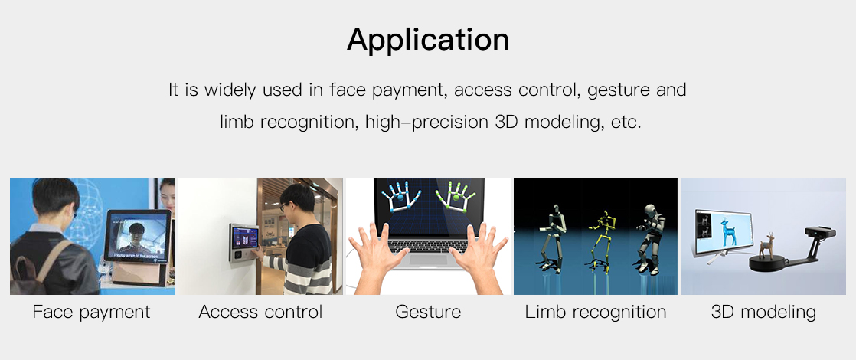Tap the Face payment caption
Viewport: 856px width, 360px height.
[91, 313]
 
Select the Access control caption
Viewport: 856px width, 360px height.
[260, 312]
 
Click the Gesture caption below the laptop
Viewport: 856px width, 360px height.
[428, 312]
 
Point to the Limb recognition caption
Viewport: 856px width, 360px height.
[596, 313]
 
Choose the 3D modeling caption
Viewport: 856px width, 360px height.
[763, 313]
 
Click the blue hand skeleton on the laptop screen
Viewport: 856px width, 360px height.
[399, 195]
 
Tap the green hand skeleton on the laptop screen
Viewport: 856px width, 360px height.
[456, 195]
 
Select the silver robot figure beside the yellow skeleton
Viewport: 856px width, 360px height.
[649, 239]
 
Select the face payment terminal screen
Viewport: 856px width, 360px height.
[137, 235]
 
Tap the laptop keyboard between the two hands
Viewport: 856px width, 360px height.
[427, 246]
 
